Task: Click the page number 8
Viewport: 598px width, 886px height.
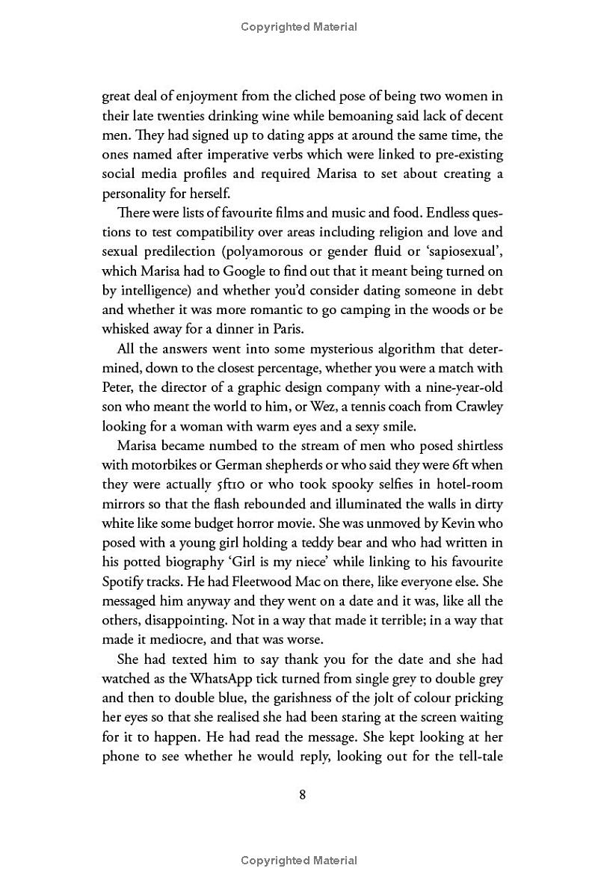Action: tap(302, 795)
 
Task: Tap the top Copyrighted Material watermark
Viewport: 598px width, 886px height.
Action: tap(299, 27)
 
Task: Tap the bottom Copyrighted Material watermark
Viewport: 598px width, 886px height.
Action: tap(299, 861)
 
